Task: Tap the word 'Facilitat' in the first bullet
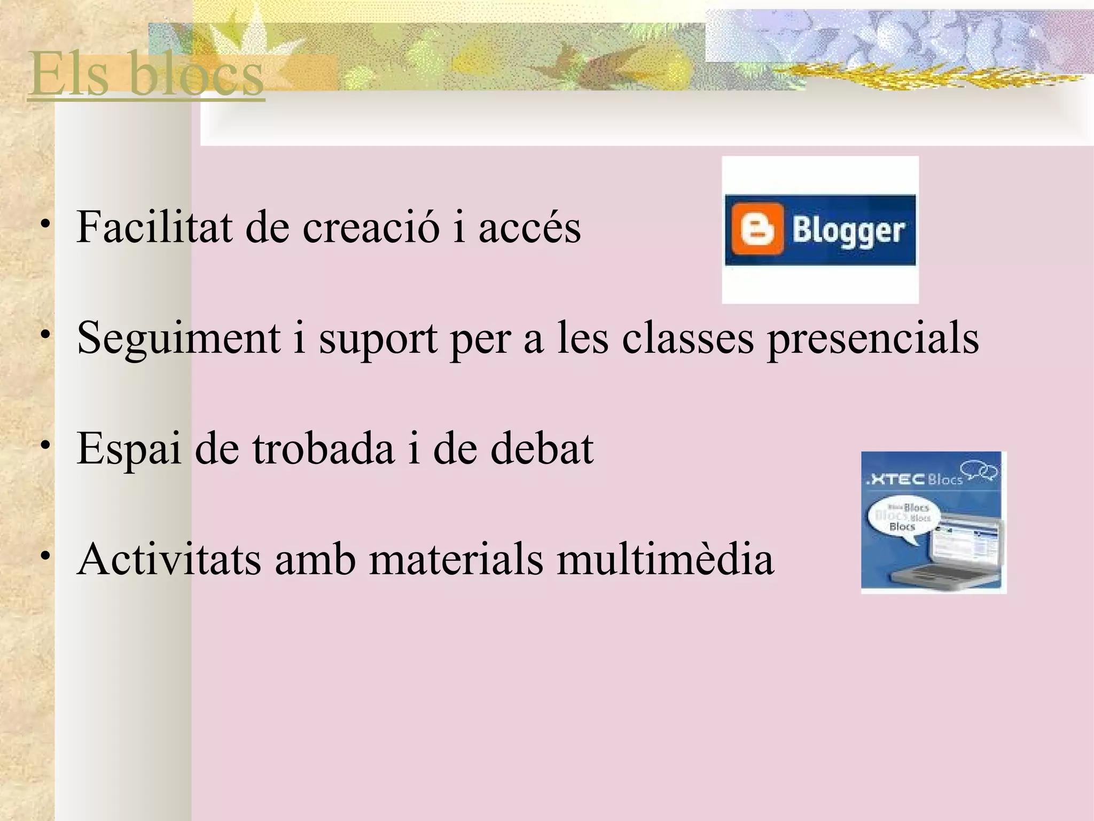(x=154, y=227)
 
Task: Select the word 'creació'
(x=371, y=227)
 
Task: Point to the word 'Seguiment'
(x=179, y=339)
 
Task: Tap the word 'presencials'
(x=873, y=339)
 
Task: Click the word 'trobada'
(x=323, y=448)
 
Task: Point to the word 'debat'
(x=542, y=448)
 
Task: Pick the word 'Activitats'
(x=169, y=559)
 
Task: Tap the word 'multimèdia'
(x=665, y=559)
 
